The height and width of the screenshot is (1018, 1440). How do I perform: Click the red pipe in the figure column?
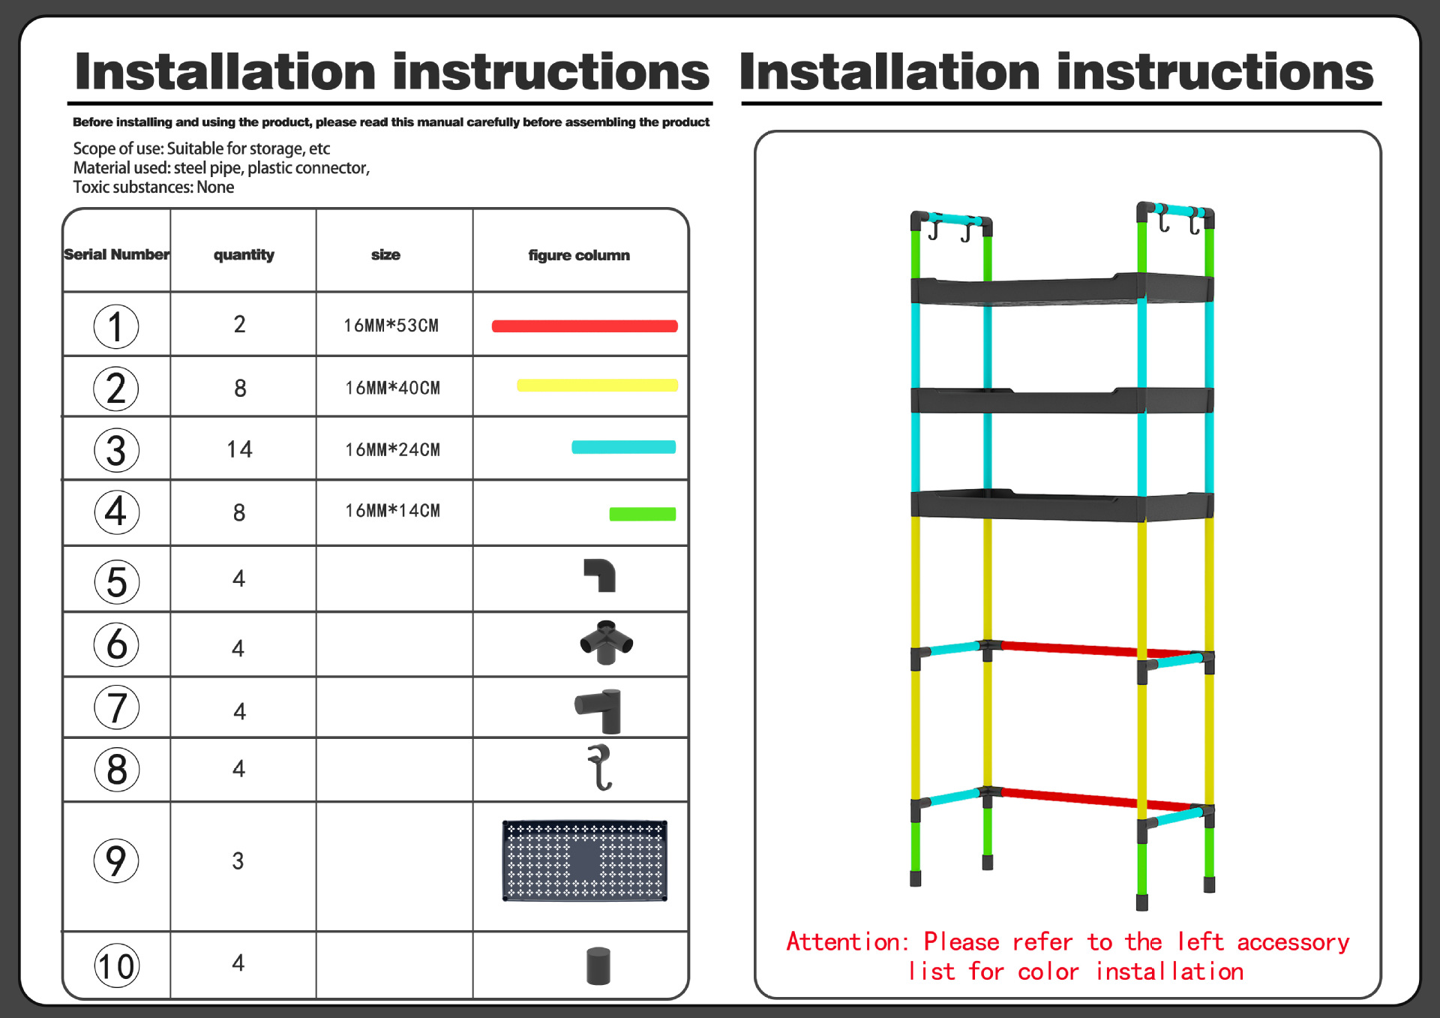coord(584,326)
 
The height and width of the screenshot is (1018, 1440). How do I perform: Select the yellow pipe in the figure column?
coord(597,386)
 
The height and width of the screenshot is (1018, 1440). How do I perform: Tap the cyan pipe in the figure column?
coord(623,447)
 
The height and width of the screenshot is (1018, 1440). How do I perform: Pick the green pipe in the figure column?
coord(642,514)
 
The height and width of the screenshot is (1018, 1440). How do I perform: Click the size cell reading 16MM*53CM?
coord(391,326)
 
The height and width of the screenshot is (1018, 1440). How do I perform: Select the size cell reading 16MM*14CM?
coord(392,511)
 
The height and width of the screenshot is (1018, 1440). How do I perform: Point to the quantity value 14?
coord(239,449)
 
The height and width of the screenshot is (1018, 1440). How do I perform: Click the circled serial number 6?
coord(116,644)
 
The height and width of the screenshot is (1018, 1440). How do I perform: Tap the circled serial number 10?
coord(116,966)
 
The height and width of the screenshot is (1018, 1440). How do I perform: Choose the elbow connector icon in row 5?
coord(600,575)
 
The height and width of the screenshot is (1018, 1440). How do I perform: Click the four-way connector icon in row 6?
coord(606,643)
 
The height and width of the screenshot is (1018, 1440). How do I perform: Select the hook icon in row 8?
coord(600,767)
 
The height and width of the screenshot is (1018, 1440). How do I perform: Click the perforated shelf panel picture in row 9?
coord(584,860)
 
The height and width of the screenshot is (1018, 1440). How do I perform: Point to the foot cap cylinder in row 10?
coord(598,965)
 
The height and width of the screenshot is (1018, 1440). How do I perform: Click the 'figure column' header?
coord(578,255)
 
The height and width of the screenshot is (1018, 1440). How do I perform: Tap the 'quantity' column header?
coord(244,255)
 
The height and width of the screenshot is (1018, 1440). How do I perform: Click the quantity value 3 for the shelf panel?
coord(238,860)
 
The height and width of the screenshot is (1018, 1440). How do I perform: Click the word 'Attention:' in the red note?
coord(847,941)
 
